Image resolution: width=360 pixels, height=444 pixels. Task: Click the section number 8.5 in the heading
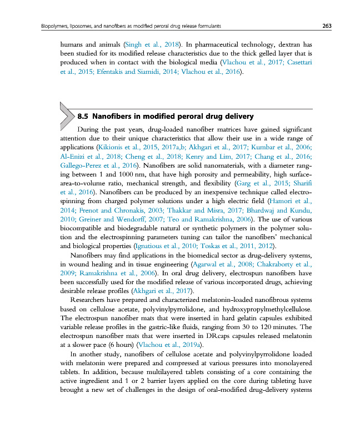[83, 117]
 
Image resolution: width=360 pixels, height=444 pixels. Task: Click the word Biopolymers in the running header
[53, 26]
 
